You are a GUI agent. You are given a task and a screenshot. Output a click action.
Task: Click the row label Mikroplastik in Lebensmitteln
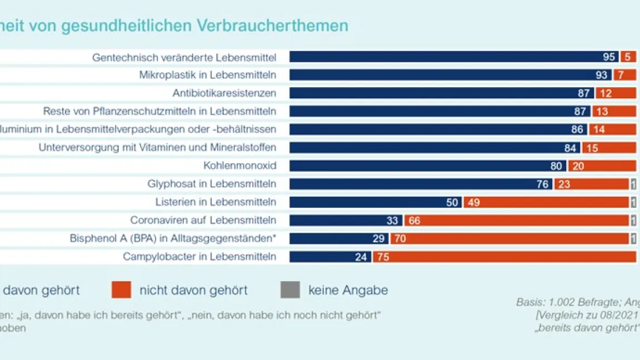click(208, 74)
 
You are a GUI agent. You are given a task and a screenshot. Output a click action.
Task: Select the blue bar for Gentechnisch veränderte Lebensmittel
click(444, 57)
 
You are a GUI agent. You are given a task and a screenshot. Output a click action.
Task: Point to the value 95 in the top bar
click(609, 57)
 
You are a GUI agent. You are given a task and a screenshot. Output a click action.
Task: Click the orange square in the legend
click(121, 289)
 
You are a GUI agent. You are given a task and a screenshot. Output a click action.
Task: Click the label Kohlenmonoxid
click(240, 166)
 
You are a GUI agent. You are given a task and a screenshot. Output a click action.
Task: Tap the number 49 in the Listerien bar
click(473, 202)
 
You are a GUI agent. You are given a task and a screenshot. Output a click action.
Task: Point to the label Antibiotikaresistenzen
click(224, 93)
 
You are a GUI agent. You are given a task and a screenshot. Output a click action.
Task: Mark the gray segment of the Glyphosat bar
click(633, 184)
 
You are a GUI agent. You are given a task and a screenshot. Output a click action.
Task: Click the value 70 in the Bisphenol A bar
click(400, 238)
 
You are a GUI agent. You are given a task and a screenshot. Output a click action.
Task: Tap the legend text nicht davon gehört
click(193, 290)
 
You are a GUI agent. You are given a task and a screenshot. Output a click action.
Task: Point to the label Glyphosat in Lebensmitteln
click(212, 184)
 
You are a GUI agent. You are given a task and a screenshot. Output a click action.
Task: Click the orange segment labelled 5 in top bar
click(628, 57)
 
